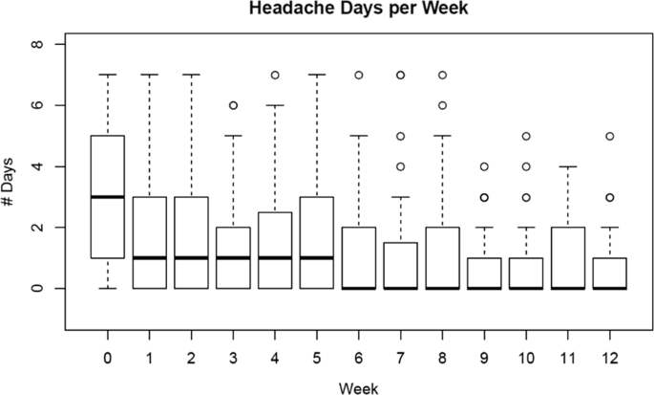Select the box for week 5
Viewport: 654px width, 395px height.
315,242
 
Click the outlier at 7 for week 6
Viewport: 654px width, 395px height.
359,75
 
